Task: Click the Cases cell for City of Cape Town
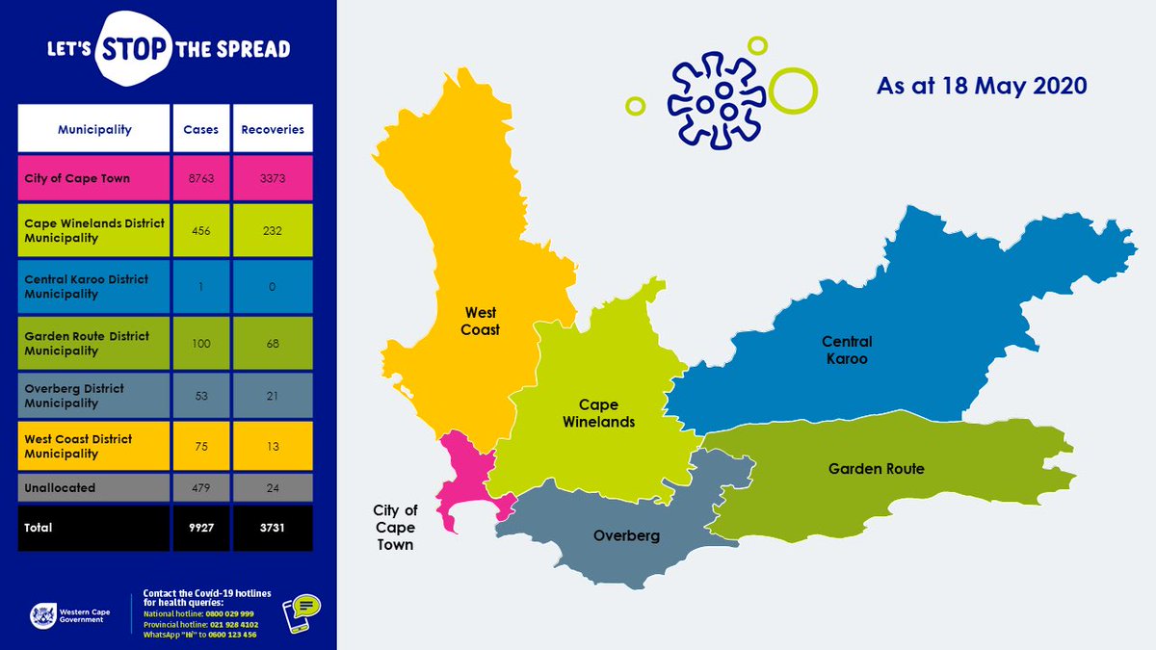[201, 178]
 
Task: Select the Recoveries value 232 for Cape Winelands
[273, 230]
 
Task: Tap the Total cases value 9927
[201, 528]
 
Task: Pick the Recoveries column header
[273, 129]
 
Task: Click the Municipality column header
[94, 129]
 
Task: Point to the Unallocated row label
[60, 487]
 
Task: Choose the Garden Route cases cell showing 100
[201, 344]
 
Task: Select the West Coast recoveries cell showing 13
[273, 447]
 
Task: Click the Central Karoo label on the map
[847, 351]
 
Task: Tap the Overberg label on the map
[626, 535]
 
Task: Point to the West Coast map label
[481, 322]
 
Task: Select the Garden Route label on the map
[876, 469]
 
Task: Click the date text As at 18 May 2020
[982, 86]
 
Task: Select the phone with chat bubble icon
[302, 613]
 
